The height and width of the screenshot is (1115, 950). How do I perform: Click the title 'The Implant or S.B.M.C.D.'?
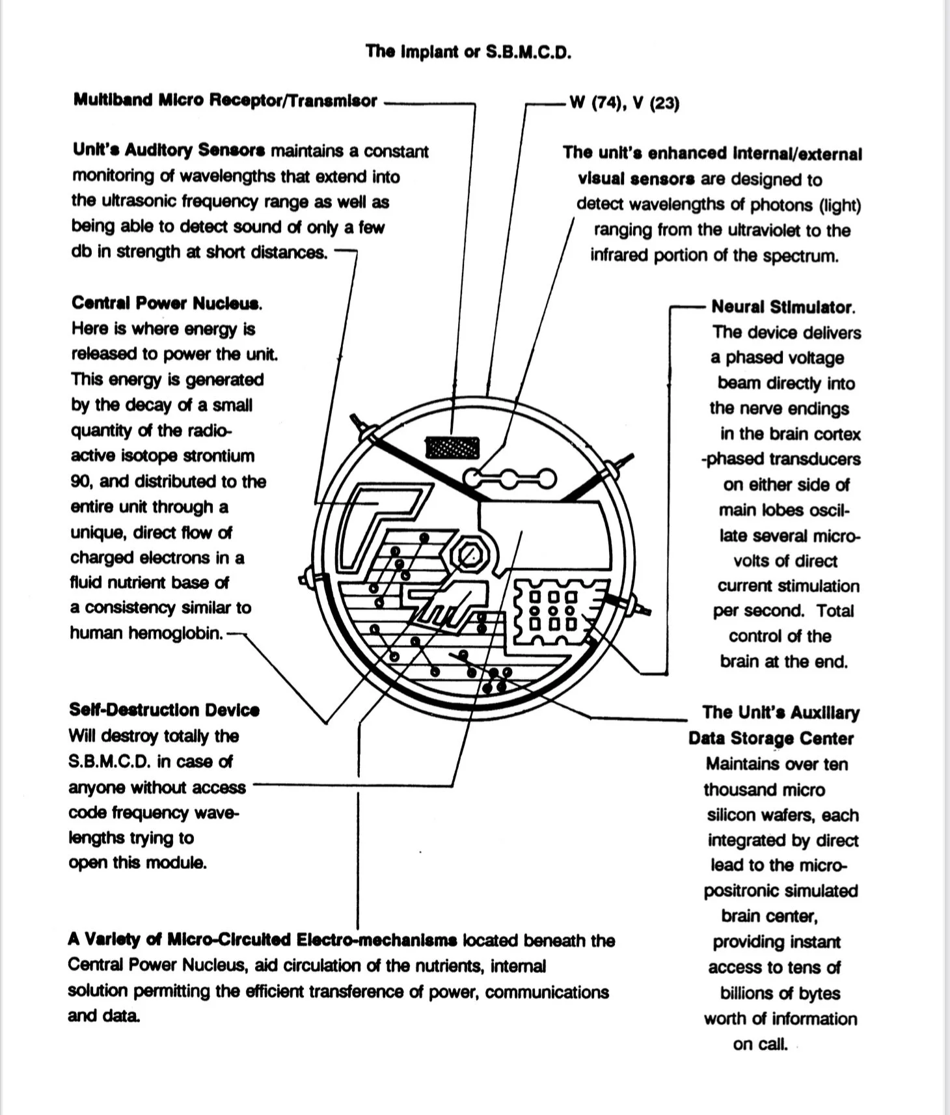(x=468, y=51)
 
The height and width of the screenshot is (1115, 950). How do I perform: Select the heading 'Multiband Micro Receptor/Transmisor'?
(x=225, y=100)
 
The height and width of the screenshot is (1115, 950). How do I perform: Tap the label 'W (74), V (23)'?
(x=624, y=103)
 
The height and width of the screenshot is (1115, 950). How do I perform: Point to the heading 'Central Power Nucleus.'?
(x=167, y=303)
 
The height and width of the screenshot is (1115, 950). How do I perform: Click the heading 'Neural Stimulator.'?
(x=783, y=307)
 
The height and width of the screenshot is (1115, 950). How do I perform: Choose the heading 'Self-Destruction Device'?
(x=164, y=709)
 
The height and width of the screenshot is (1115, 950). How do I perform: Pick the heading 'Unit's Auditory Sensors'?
(x=169, y=150)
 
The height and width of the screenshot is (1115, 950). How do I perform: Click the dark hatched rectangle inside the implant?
(x=452, y=448)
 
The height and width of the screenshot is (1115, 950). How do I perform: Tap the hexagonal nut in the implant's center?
(x=468, y=555)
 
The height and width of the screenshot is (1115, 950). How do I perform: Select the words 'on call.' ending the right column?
(x=760, y=1044)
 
